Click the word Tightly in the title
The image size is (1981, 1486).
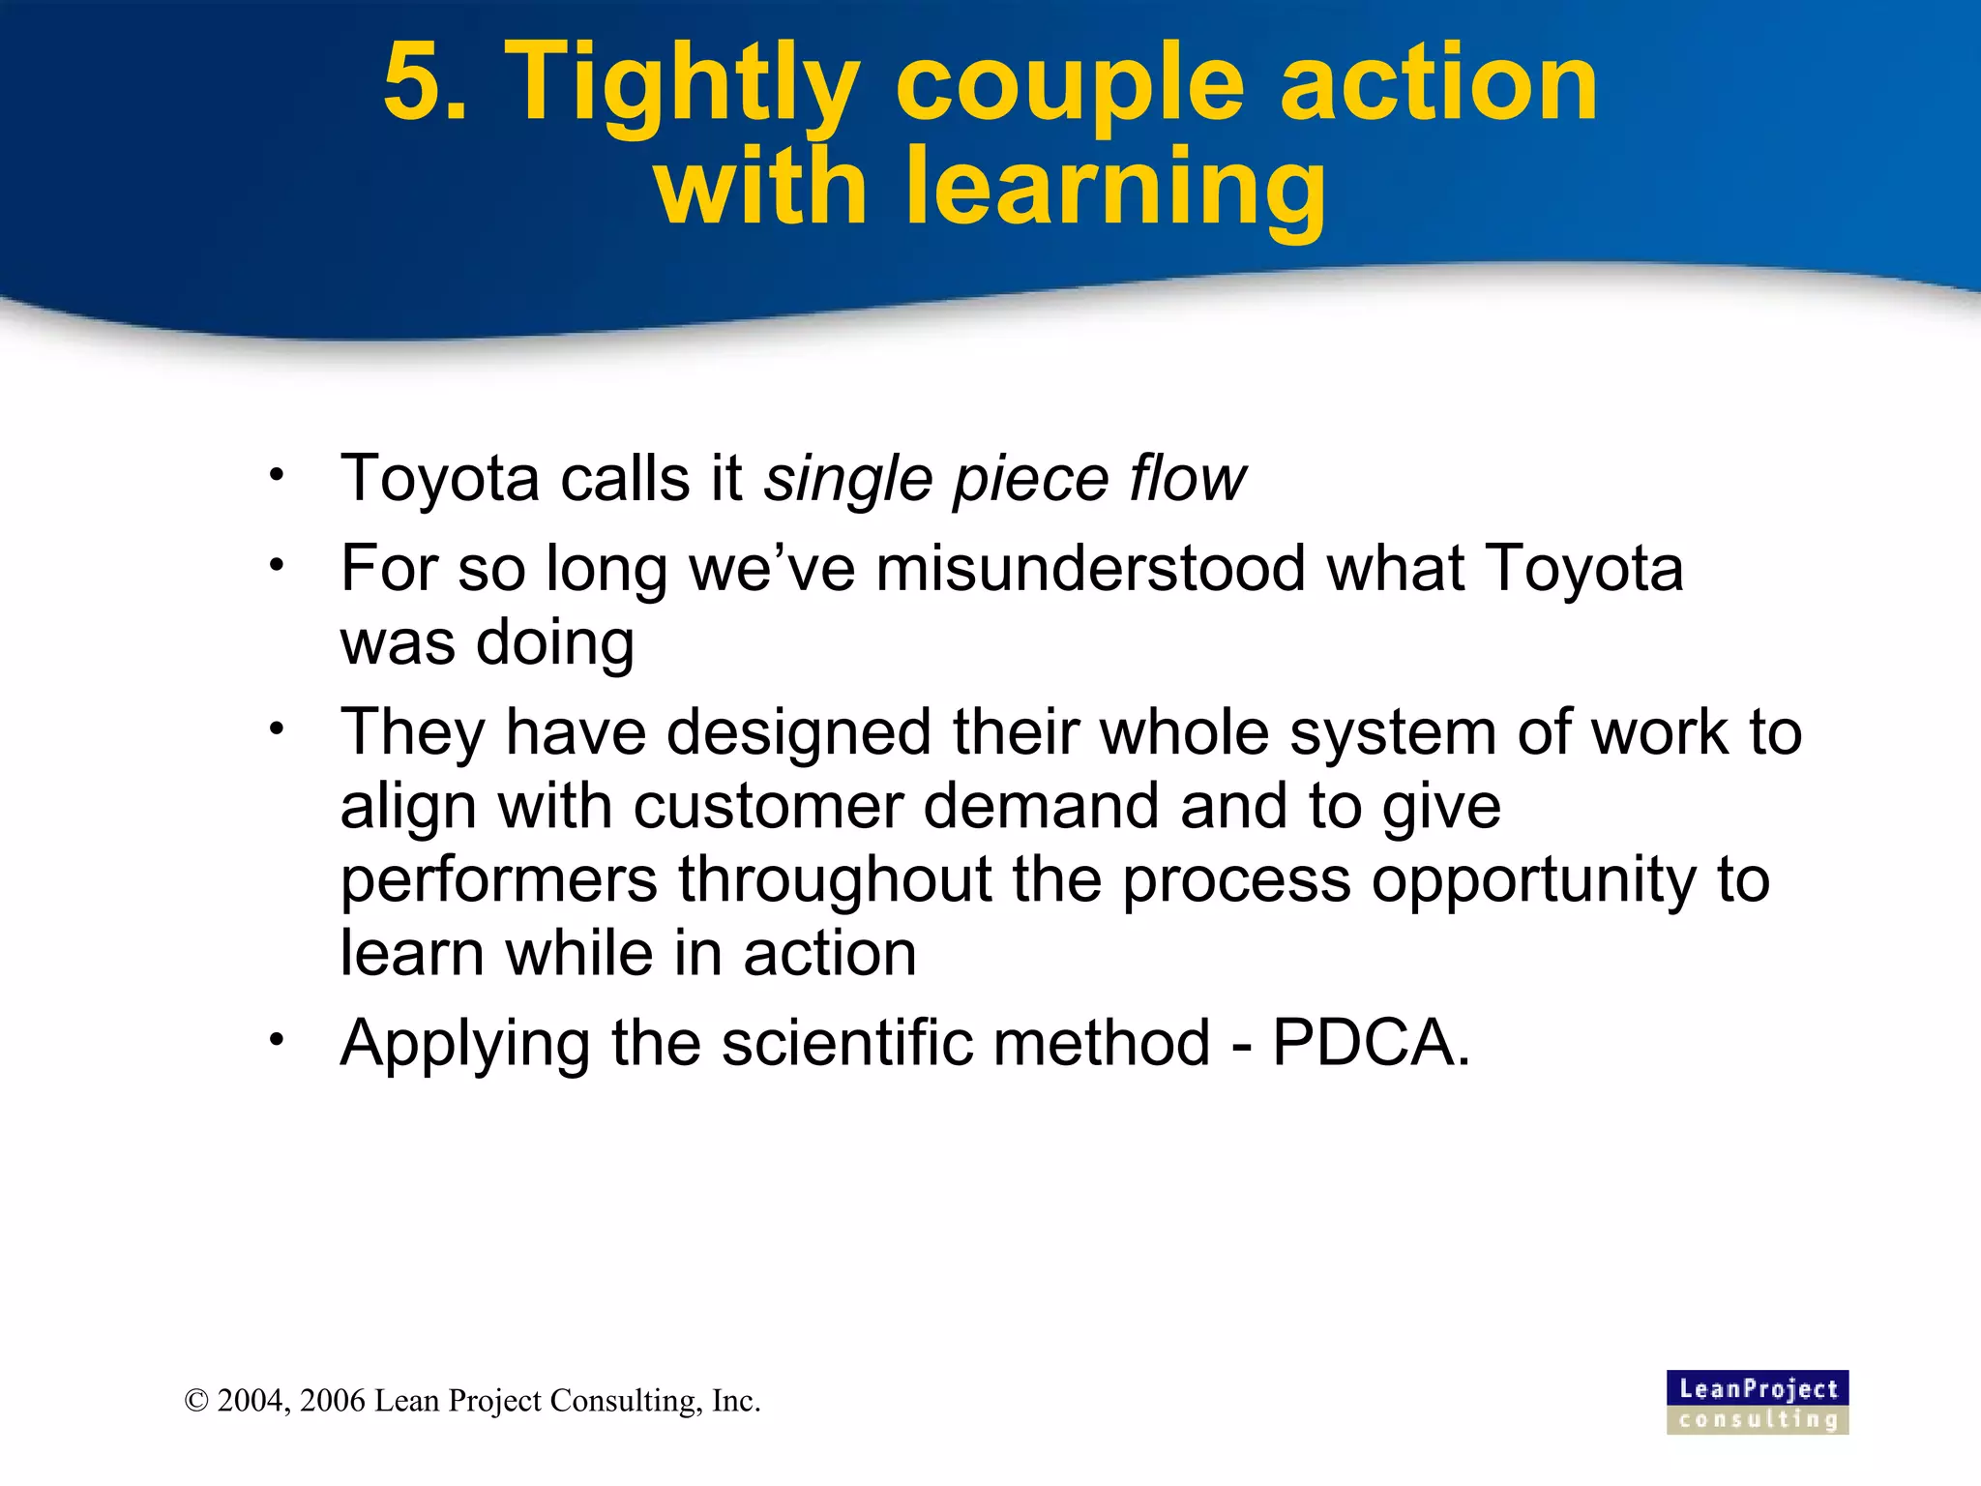[x=682, y=89]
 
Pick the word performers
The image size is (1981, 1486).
[x=499, y=880]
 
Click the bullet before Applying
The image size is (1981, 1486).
[x=278, y=1040]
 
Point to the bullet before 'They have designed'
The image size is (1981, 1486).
[x=278, y=728]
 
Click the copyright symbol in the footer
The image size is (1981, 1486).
[x=196, y=1401]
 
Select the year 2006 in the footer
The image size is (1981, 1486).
[x=333, y=1401]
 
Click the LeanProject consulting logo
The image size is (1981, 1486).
[x=1757, y=1402]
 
